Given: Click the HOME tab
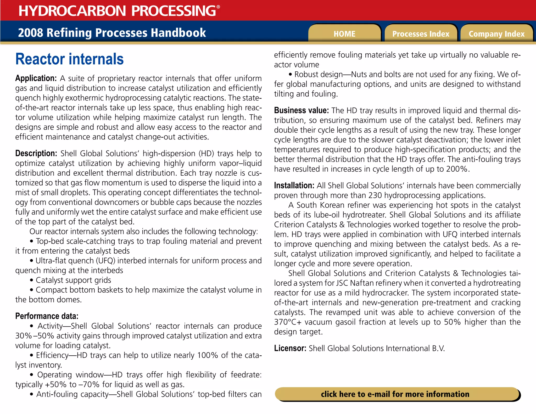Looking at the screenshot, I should pyautogui.click(x=344, y=34).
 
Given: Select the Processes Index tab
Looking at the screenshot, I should pyautogui.click(x=421, y=34).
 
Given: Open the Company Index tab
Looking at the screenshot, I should pyautogui.click(x=496, y=34).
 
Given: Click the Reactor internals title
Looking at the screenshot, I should pyautogui.click(x=69, y=59).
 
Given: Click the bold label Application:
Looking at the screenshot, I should pyautogui.click(x=36, y=78).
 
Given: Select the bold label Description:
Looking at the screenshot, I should pyautogui.click(x=36, y=153).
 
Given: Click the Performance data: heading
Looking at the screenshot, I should pyautogui.click(x=47, y=316).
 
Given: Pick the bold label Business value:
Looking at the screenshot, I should pyautogui.click(x=301, y=110).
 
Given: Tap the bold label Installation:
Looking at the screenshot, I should pyautogui.click(x=294, y=186).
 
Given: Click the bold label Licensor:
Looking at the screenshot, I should pyautogui.click(x=290, y=348).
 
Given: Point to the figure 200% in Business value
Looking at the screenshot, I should pyautogui.click(x=457, y=169).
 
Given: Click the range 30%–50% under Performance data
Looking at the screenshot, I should pyautogui.click(x=35, y=336).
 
